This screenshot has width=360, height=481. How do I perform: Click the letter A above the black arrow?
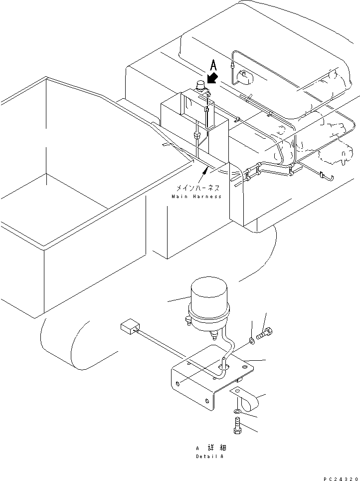click(213, 65)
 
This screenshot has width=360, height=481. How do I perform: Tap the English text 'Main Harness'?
click(196, 197)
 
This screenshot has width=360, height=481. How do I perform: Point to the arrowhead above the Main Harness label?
click(204, 171)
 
